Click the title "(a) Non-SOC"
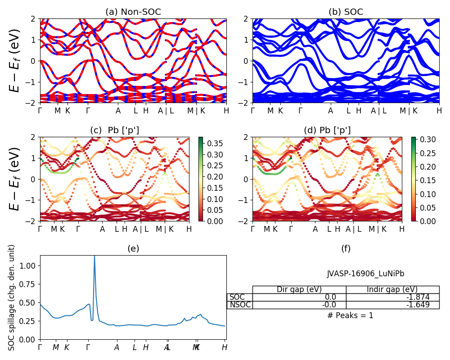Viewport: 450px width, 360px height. tap(133, 12)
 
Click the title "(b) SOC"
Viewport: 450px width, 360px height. tap(346, 12)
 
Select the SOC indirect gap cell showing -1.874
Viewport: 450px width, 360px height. tap(392, 297)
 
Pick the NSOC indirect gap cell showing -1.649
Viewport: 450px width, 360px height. tap(392, 305)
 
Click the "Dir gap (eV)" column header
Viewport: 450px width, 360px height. tap(299, 289)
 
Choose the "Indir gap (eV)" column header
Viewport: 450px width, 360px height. tap(392, 289)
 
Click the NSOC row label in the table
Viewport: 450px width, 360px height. tap(240, 305)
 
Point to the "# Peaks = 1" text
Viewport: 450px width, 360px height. tap(350, 315)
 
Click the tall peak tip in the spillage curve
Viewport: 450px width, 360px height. tap(94, 256)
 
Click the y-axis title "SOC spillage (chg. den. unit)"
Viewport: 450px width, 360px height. tap(12, 297)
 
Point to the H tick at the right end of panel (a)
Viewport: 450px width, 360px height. tap(226, 111)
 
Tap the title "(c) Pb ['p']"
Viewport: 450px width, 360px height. tap(115, 130)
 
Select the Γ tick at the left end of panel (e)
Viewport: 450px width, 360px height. tap(40, 347)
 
